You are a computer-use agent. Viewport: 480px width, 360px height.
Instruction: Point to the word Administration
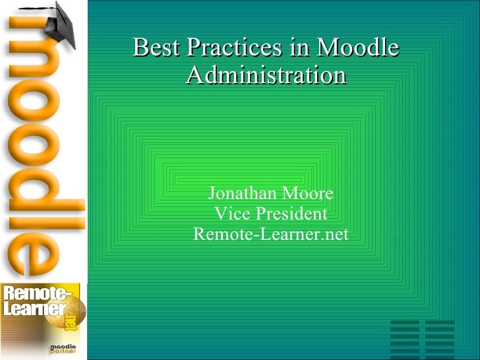266,75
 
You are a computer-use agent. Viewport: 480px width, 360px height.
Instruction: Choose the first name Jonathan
243,194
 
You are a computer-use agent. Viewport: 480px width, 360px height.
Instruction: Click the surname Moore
307,194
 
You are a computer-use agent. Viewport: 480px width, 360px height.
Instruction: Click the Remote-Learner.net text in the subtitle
270,235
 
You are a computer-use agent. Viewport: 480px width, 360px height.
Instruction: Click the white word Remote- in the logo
36,294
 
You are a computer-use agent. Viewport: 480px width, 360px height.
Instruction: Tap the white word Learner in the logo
33,309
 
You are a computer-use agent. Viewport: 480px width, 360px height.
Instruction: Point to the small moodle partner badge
63,349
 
